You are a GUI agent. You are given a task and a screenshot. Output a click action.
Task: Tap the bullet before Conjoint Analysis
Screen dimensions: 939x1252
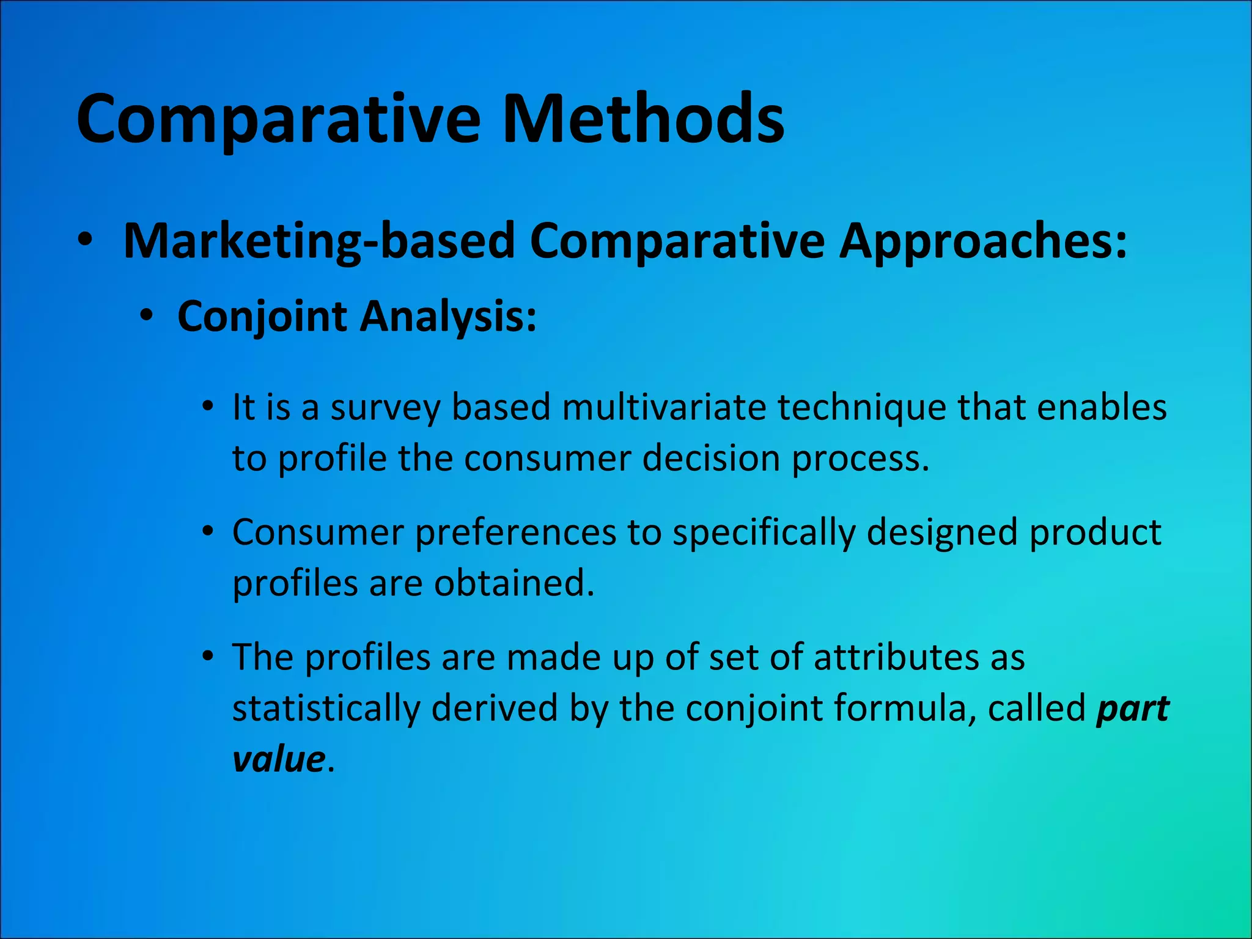[146, 316]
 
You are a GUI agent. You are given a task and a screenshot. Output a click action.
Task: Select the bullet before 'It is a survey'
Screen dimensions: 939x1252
[208, 406]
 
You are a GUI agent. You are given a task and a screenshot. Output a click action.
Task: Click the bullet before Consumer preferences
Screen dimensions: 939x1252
[208, 531]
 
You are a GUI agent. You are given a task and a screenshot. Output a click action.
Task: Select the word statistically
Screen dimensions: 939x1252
[326, 709]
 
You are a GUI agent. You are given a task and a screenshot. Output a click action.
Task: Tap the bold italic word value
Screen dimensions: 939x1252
[279, 759]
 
